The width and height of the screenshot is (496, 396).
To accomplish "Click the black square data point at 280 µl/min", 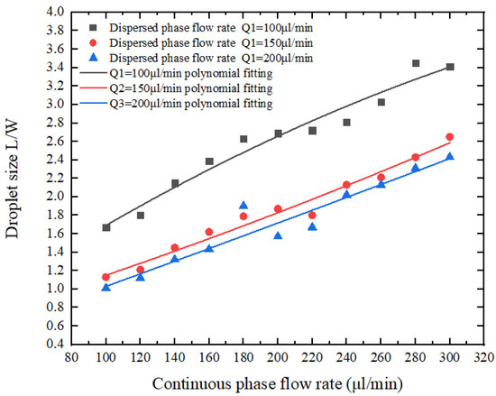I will pos(416,63).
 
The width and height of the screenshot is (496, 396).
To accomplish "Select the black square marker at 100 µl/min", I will pos(106,227).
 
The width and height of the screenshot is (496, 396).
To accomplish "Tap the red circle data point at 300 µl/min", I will pos(450,137).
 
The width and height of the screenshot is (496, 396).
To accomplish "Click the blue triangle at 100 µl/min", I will pos(106,287).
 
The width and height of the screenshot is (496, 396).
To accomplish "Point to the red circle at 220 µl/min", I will pos(312,216).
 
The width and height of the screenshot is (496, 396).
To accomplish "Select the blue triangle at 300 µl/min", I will pos(450,157).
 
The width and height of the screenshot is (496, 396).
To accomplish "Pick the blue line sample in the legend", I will pos(91,105).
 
